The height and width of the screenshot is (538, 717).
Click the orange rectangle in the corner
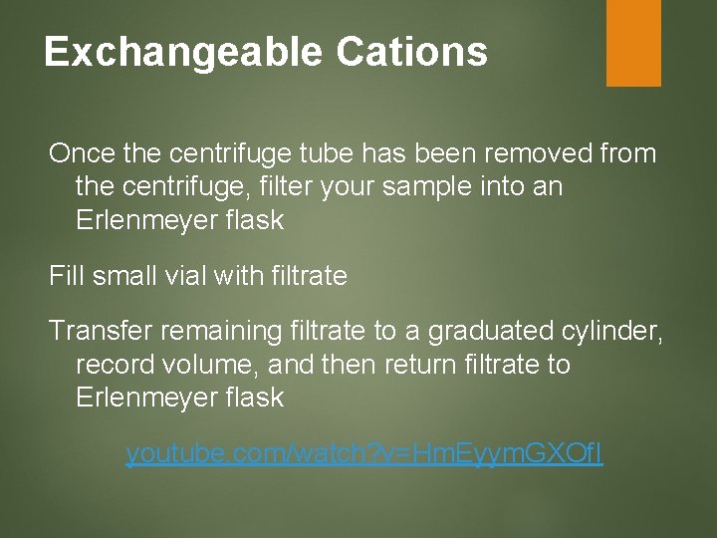pos(633,42)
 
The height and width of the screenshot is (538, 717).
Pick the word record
pos(112,364)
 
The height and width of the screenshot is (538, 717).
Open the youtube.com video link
pos(364,454)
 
